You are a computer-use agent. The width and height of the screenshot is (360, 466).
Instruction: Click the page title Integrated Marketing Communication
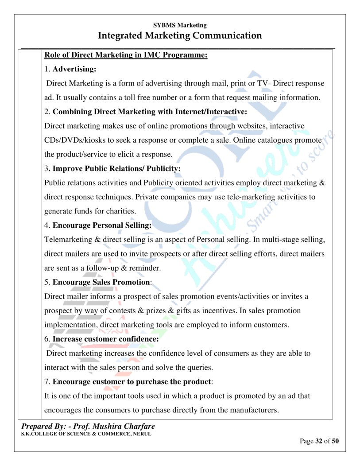(180, 35)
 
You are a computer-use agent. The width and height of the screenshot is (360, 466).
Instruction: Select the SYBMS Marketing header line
(180, 26)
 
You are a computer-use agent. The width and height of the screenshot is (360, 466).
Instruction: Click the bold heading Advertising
(74, 70)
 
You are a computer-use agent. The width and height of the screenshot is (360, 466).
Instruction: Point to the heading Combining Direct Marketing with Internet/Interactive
(150, 112)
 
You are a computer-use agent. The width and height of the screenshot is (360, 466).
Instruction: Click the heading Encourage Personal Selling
(102, 225)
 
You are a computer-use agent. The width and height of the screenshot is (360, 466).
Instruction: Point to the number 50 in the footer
(335, 441)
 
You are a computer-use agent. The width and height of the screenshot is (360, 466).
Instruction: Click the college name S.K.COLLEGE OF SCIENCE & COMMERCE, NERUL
(86, 434)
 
